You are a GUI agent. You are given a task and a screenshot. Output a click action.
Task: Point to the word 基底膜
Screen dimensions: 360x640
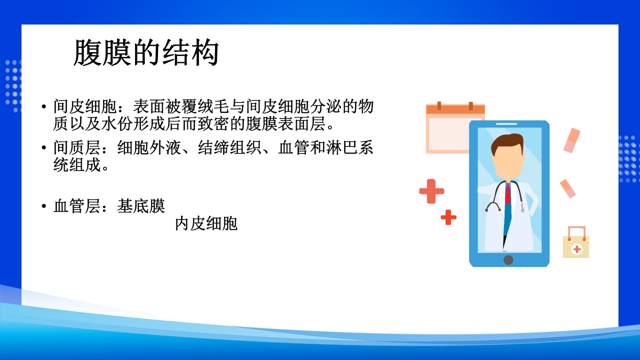[141, 206]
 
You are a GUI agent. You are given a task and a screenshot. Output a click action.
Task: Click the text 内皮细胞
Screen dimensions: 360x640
[206, 223]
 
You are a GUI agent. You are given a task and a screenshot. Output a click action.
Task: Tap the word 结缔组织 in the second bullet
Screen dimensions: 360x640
[230, 148]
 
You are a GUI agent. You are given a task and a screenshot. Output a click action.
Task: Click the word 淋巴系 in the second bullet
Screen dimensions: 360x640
[350, 148]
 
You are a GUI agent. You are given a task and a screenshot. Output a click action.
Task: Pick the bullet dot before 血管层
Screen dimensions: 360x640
[44, 206]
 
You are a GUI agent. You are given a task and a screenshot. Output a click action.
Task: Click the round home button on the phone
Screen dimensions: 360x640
[508, 259]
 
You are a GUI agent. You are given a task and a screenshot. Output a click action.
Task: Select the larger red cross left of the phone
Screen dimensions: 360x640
[431, 191]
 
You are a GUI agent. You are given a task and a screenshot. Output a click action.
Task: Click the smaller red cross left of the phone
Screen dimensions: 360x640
[448, 217]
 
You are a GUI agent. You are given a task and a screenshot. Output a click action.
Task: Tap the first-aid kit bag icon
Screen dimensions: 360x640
[576, 243]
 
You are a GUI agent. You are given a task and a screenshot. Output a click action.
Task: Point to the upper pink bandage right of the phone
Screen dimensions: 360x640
[572, 140]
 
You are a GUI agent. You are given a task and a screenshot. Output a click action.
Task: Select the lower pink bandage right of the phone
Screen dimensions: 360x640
[567, 188]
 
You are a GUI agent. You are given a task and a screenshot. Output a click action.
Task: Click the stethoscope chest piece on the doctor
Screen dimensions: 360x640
[522, 210]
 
